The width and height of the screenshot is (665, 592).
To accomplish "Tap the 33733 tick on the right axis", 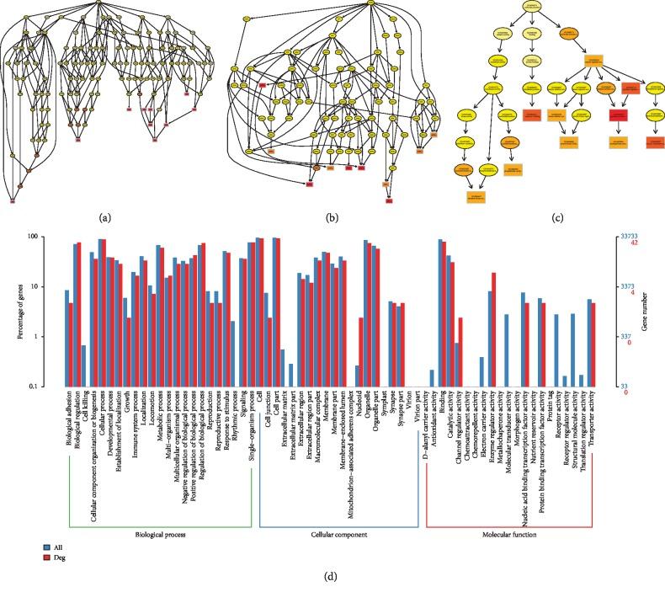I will click(x=629, y=237).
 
